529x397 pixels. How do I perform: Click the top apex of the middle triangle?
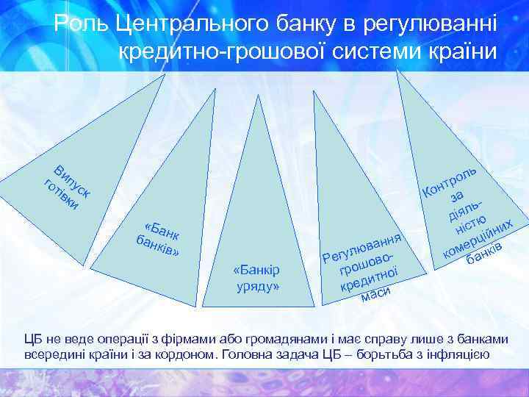coord(257,96)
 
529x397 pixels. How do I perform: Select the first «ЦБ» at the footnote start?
coord(32,338)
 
